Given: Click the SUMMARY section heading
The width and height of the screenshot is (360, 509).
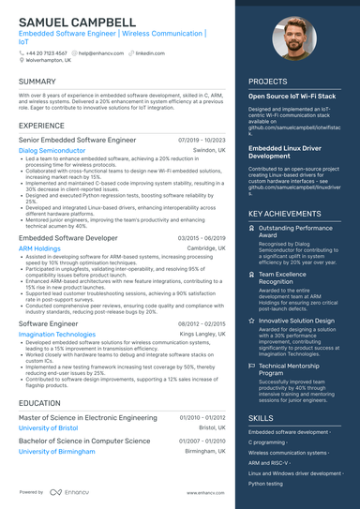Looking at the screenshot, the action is (x=37, y=82).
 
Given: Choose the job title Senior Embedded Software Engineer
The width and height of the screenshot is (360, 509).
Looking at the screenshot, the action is (x=77, y=139).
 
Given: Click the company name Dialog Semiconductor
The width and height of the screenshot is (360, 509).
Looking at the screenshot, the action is (x=52, y=150).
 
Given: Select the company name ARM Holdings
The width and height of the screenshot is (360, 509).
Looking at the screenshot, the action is (x=40, y=249).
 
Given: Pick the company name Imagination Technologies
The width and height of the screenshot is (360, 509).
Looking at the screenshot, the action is (x=56, y=334).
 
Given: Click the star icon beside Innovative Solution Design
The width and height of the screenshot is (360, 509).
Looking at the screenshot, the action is (x=252, y=321).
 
